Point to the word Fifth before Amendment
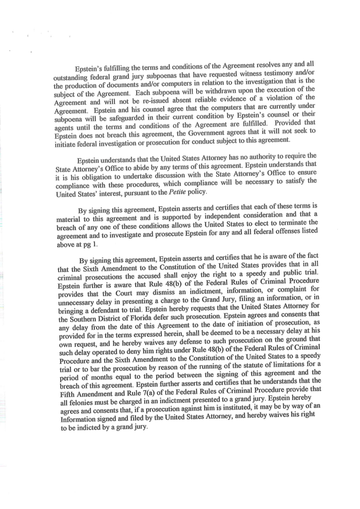click(69, 393)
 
